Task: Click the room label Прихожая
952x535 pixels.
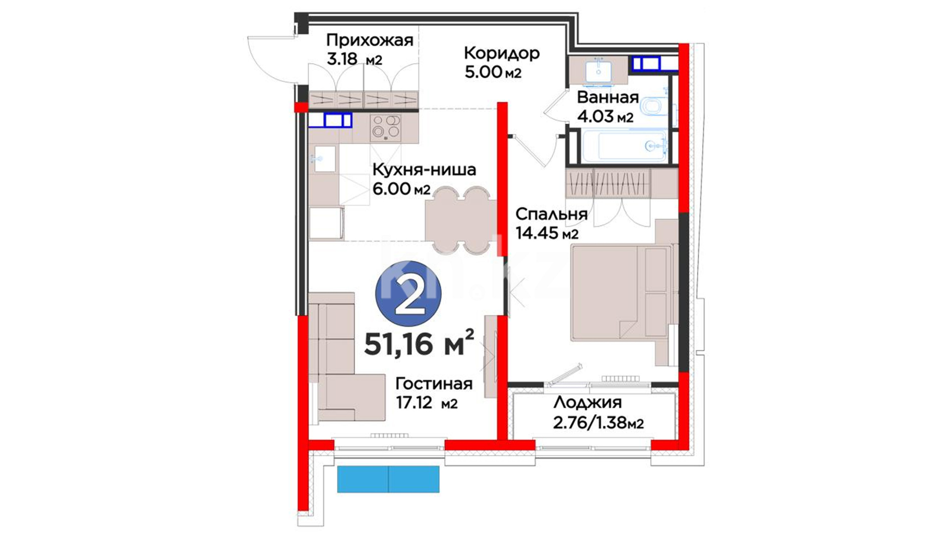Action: click(370, 40)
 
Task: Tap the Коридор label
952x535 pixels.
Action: click(502, 53)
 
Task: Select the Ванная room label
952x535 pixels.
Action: click(608, 97)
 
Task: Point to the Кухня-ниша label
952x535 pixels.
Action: click(424, 170)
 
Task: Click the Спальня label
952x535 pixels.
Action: click(551, 214)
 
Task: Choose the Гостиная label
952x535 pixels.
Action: click(434, 384)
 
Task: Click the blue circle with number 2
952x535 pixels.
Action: click(408, 294)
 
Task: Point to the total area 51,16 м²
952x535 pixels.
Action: click(419, 343)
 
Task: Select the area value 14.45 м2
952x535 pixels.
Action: click(547, 233)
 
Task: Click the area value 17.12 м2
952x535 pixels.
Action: click(426, 403)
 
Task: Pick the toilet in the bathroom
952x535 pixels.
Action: click(653, 106)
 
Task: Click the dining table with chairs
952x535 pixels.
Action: click(460, 220)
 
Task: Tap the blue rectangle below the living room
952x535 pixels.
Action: click(388, 479)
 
